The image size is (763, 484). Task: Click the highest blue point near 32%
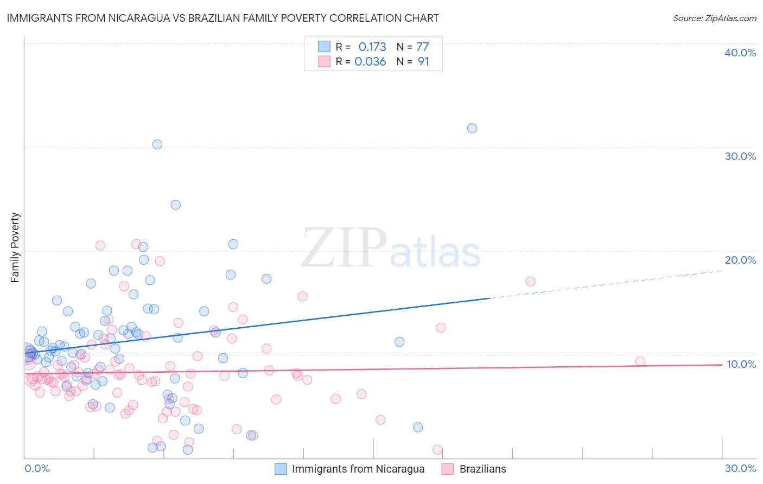472,128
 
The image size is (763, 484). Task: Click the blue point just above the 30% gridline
157,144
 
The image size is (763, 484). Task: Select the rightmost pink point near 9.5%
640,361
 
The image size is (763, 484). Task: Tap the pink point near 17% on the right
530,281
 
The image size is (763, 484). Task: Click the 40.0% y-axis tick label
740,53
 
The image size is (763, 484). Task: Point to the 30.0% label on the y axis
740,156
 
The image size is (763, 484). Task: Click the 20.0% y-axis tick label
740,260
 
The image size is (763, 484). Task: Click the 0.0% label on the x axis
37,468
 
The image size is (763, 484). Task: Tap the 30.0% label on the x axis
740,468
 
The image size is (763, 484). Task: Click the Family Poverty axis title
15,247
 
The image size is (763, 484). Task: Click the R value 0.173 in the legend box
372,47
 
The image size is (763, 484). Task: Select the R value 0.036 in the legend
370,61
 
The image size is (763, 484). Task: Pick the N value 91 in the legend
423,61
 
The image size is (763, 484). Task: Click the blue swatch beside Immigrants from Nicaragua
281,469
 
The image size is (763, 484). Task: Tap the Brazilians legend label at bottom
482,469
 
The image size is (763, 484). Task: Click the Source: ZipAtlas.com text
714,18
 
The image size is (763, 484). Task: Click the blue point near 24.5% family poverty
175,205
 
